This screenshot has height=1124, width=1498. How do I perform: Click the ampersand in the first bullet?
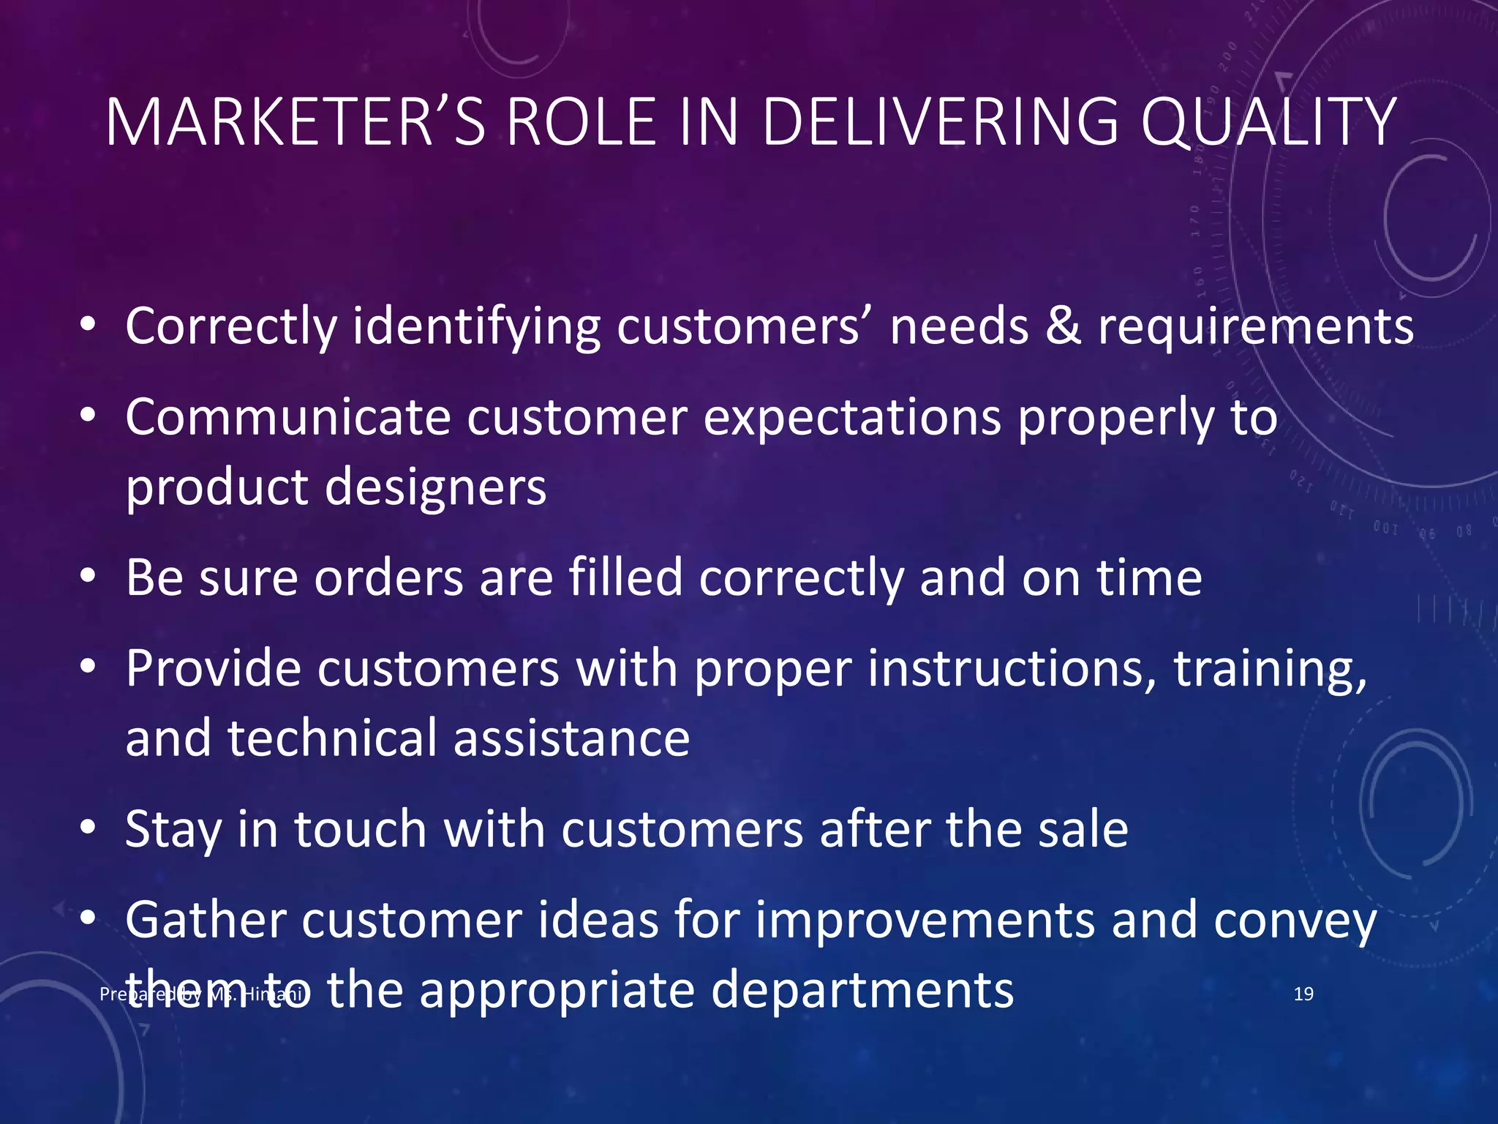coord(1064,326)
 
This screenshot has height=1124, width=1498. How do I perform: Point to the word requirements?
coord(1256,326)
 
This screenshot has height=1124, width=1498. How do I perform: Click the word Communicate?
coord(288,417)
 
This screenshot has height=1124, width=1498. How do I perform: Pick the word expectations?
coord(852,417)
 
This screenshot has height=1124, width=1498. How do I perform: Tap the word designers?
coord(435,487)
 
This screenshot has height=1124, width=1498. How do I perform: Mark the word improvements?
coord(925,920)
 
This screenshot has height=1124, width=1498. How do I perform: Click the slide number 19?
coord(1303,994)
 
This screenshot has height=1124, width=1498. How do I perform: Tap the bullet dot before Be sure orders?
coord(88,577)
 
